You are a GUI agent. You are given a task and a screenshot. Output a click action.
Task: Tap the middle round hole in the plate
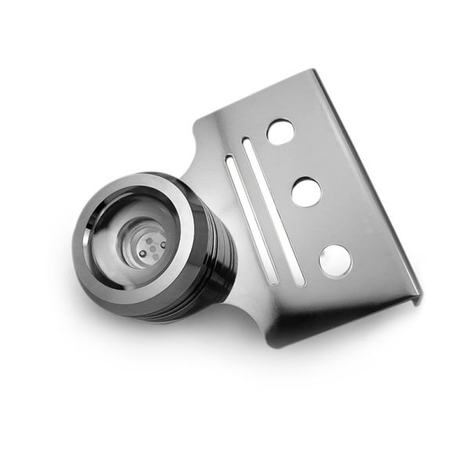click(x=306, y=191)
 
